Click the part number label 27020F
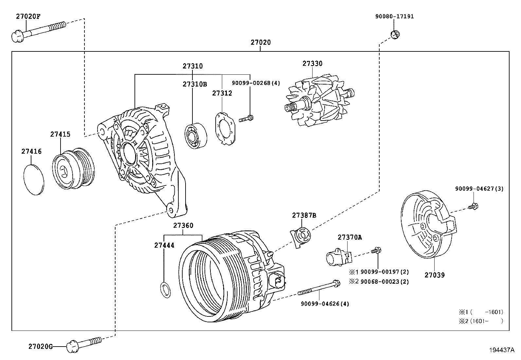point(28,16)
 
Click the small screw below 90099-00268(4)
point(246,119)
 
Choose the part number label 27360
point(183,225)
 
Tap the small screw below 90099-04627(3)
point(473,206)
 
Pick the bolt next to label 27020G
point(83,344)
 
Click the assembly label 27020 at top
point(261,42)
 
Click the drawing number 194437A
point(502,350)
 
